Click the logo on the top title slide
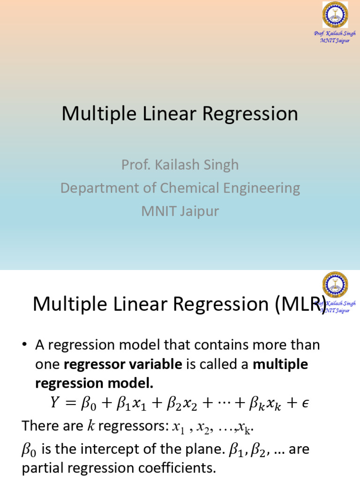[335, 15]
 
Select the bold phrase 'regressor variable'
[123, 364]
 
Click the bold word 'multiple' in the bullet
[280, 364]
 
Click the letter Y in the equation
[55, 403]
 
